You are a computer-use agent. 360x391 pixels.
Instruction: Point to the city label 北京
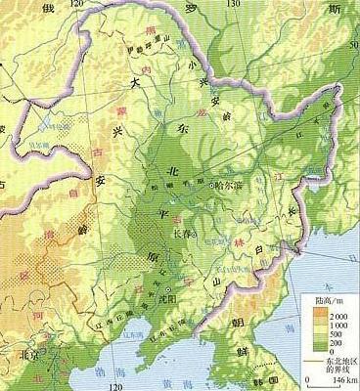pyautogui.click(x=16, y=356)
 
